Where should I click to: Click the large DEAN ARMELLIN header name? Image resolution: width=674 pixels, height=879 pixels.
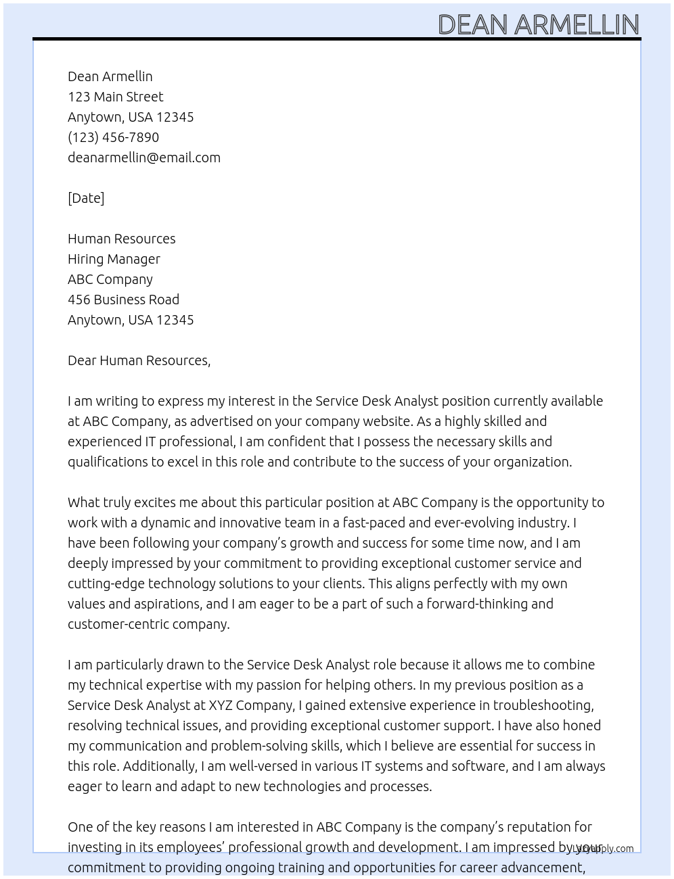(538, 25)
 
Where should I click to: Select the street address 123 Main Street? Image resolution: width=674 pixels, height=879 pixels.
(115, 97)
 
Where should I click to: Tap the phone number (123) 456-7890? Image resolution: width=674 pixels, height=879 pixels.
(113, 137)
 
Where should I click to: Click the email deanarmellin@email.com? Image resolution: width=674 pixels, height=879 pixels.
(143, 158)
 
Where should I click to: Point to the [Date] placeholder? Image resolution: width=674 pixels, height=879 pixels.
(86, 198)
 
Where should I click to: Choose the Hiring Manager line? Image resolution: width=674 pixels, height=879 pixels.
(114, 259)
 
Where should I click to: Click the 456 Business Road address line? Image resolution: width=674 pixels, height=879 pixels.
(123, 300)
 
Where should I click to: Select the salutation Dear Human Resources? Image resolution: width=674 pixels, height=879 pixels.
(139, 360)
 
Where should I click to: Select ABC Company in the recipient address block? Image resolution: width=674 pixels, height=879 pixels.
(110, 279)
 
